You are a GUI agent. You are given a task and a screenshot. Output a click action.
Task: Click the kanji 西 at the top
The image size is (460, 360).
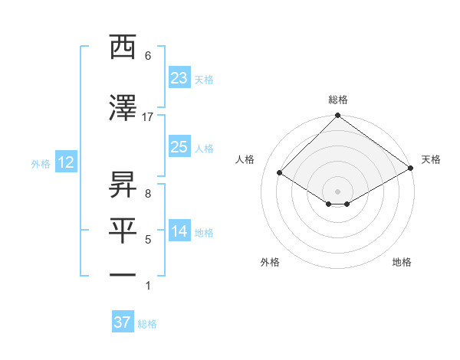pos(123,48)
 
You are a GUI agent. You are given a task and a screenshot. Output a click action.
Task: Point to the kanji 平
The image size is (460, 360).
pos(123,231)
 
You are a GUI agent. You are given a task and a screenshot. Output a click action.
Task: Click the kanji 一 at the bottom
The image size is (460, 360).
pos(123,275)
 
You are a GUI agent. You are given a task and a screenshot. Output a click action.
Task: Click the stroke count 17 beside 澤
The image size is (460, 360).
pos(148,117)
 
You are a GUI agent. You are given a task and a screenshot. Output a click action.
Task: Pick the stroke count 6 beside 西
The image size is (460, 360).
pos(148,56)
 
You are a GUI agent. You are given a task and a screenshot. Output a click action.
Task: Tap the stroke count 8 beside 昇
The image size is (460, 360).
pos(148,194)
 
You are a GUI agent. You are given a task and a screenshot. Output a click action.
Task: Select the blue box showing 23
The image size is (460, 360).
pos(179,78)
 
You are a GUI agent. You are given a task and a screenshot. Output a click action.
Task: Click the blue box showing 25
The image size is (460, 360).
pos(179,147)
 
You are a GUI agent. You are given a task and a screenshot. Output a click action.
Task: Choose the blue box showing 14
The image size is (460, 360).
pos(179,231)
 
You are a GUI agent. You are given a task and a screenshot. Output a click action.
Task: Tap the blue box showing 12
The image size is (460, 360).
pos(65,162)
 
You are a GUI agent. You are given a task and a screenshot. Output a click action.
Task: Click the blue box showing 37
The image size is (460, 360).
pos(122,322)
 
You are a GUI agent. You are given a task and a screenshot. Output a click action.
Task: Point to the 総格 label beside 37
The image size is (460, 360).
pos(147,324)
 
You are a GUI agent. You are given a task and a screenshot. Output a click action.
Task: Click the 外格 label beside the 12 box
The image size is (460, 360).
pos(41,163)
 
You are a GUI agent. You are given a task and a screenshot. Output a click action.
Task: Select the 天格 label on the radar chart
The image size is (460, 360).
pos(431,159)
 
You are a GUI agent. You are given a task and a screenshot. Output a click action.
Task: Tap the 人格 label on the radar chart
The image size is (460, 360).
pos(245,159)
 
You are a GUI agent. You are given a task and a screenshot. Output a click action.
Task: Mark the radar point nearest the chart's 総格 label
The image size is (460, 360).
pos(337,116)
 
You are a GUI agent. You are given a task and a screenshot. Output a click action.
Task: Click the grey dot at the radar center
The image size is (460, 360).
pos(337,190)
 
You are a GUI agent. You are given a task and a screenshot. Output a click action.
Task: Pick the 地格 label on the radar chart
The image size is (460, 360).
pos(402,262)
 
